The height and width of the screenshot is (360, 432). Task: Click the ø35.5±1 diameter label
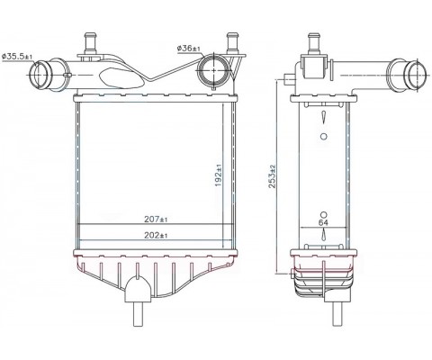coord(17,56)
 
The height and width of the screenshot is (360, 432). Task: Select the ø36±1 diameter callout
coord(188,48)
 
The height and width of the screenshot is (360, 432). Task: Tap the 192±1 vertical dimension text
coord(219,175)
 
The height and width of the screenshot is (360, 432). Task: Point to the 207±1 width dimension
coord(156,220)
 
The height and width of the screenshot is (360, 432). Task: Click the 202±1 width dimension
coord(156,236)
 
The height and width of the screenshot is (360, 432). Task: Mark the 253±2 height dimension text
coord(273,176)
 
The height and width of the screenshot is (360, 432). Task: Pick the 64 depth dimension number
coord(323,222)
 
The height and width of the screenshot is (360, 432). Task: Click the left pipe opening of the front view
coord(38,74)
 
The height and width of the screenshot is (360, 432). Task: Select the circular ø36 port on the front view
coord(213,71)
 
